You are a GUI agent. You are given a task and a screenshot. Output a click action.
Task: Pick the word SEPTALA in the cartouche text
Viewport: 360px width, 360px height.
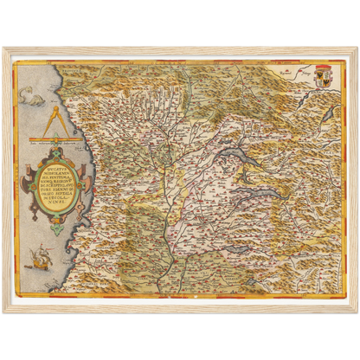(54, 184)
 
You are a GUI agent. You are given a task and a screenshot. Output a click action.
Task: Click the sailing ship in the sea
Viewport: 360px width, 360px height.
(40, 255)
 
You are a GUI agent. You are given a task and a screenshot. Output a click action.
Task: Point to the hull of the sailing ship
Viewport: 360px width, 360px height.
(40, 261)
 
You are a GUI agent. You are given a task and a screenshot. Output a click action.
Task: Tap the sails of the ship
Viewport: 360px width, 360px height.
(40, 252)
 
